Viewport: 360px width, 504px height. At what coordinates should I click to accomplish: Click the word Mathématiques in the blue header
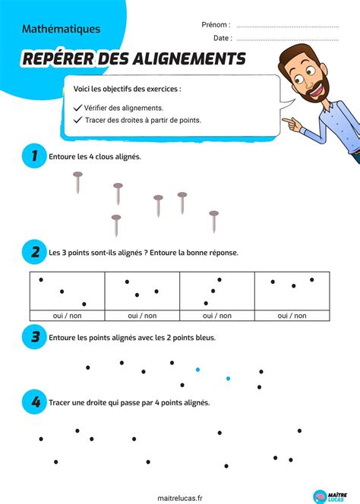click(61, 29)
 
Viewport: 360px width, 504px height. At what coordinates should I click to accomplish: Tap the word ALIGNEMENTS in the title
click(189, 58)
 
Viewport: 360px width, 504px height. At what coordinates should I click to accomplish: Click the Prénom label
click(216, 25)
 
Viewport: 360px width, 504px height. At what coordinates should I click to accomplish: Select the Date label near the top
click(223, 38)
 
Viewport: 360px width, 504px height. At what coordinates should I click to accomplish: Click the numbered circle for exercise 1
click(34, 156)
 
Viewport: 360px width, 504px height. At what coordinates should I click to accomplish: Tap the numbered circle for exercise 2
click(34, 252)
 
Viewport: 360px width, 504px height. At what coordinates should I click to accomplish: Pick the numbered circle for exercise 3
click(34, 337)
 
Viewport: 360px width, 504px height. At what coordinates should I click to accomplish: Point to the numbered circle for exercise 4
click(34, 402)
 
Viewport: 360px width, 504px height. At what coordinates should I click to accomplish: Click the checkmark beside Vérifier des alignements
click(77, 108)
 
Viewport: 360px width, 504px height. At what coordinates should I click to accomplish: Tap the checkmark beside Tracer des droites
click(78, 120)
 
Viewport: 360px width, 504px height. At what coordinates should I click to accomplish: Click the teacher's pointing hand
click(292, 124)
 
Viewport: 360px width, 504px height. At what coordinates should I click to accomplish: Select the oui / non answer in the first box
click(68, 316)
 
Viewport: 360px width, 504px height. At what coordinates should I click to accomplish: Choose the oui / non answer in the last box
click(292, 316)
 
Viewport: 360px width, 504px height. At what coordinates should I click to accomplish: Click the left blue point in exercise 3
click(197, 370)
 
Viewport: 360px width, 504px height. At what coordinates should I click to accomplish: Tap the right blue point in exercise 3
click(228, 379)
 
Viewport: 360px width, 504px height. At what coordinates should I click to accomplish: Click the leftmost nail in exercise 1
click(77, 182)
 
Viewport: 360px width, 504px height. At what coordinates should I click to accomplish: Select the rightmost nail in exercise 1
click(214, 222)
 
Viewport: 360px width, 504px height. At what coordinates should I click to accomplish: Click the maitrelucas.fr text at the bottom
click(180, 498)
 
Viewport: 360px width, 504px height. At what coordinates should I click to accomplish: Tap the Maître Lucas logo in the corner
click(330, 496)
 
